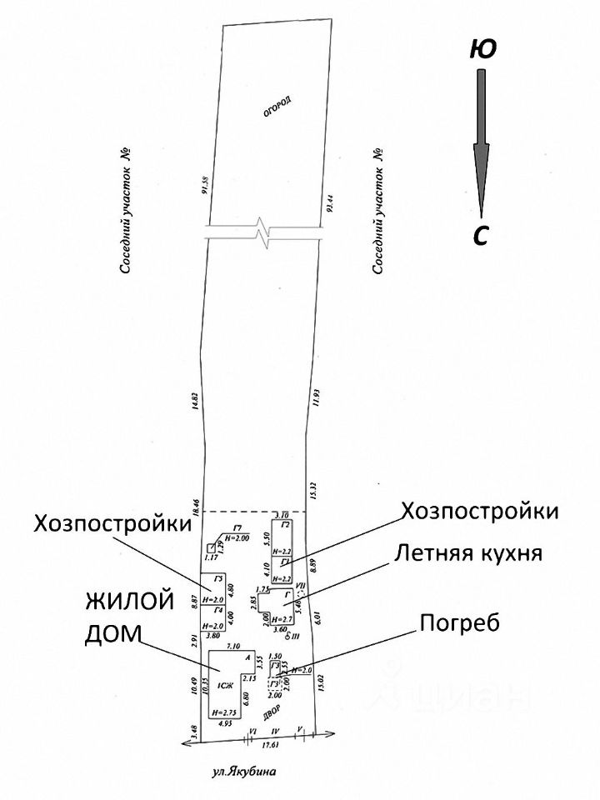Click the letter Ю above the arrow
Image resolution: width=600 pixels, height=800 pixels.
click(483, 49)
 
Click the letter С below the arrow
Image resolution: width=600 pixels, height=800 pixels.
click(480, 236)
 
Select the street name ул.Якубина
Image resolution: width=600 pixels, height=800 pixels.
click(242, 772)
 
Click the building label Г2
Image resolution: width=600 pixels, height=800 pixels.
click(285, 524)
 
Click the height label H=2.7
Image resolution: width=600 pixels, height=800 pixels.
click(284, 619)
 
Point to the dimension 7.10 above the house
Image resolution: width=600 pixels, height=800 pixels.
click(233, 646)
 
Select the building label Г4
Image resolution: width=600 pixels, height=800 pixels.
click(217, 610)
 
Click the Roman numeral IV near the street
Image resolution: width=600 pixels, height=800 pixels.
click(276, 731)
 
